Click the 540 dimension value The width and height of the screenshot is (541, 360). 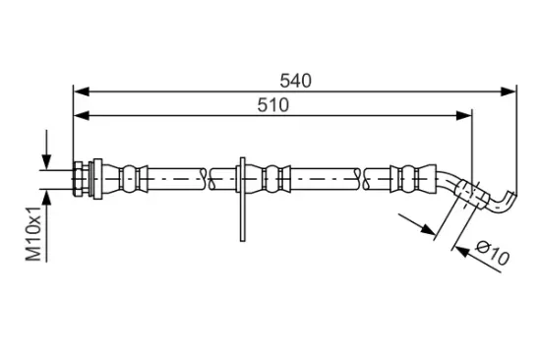point(295,81)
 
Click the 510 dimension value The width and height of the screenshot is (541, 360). point(272,105)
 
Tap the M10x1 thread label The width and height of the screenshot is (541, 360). point(33,233)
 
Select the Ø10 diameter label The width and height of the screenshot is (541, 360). point(493,254)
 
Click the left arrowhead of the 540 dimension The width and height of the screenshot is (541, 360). point(82,91)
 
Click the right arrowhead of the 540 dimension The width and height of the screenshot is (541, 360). point(509,91)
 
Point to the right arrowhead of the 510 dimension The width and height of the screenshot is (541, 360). point(463,116)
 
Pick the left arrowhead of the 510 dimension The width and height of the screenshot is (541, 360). point(82,116)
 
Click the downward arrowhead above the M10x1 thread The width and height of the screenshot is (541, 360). point(46,162)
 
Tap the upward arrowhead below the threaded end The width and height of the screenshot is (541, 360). point(46,198)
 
